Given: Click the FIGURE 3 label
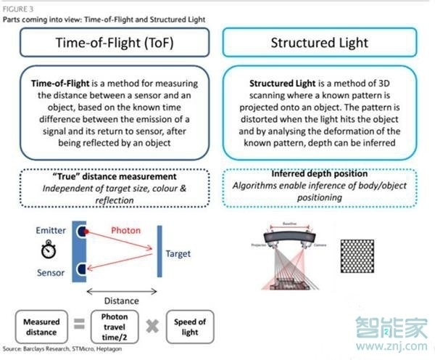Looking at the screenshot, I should tap(16, 6).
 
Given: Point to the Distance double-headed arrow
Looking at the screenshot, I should tap(121, 291).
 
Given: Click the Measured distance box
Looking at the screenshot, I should tap(41, 326).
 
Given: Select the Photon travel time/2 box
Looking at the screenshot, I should tap(114, 326).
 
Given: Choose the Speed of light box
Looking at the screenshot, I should tap(191, 326).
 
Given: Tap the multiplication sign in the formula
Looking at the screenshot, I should tap(152, 326).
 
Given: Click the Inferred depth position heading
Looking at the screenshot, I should tap(320, 173).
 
